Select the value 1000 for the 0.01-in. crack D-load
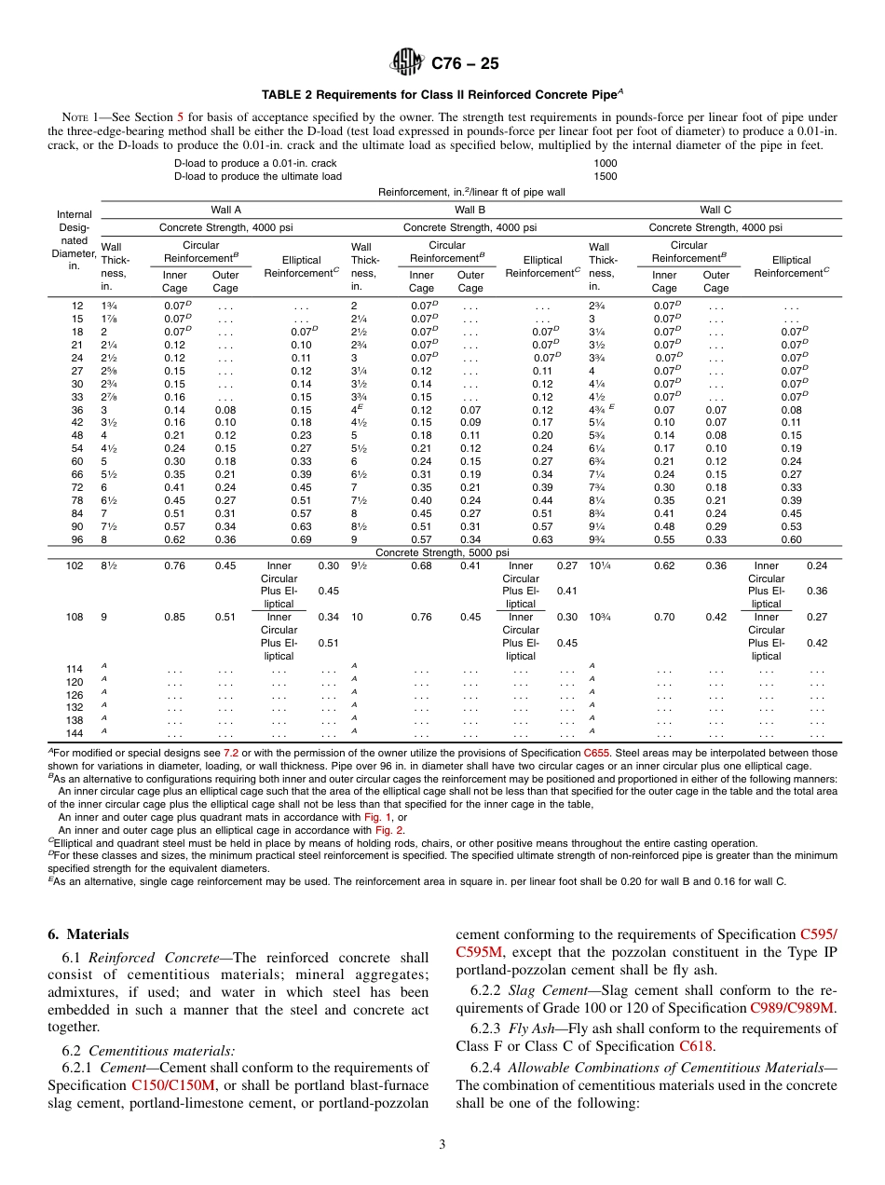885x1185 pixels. coord(605,163)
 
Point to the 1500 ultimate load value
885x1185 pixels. coord(605,176)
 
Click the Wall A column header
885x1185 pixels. coord(226,211)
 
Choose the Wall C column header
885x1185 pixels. coord(715,211)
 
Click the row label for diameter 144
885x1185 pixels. coord(75,734)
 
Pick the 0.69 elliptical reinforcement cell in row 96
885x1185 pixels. coord(301,539)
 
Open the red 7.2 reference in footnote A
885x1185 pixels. coord(231,753)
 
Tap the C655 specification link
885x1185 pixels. coord(596,753)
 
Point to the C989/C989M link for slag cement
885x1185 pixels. coord(793,1007)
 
